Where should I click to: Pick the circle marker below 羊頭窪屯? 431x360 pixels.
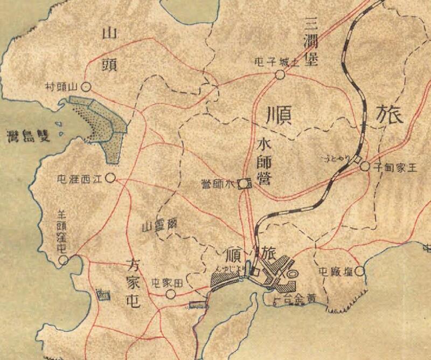[x=64, y=261]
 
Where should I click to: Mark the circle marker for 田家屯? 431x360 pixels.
[x=171, y=294]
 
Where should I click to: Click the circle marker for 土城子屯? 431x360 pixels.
[x=280, y=74]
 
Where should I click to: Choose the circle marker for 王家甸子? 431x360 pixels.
[x=365, y=167]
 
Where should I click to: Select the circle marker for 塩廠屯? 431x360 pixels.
[x=359, y=271]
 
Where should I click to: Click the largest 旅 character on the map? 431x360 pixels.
[x=390, y=115]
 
